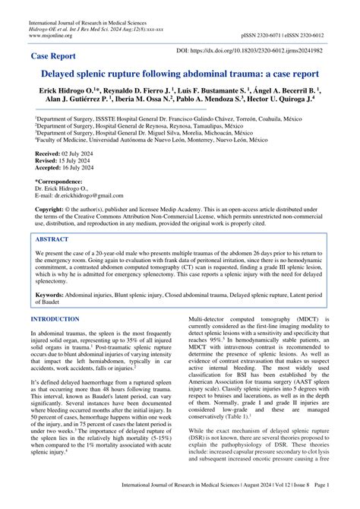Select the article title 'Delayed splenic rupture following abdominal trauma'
click(180, 76)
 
